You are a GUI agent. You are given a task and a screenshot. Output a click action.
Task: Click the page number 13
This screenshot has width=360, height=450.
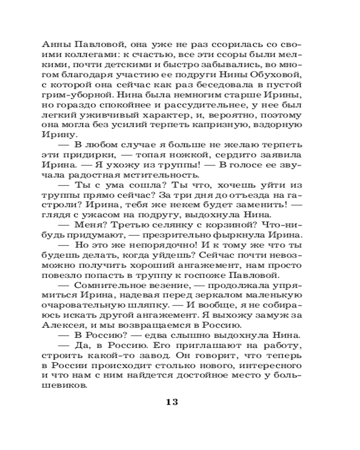pos(172,402)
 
